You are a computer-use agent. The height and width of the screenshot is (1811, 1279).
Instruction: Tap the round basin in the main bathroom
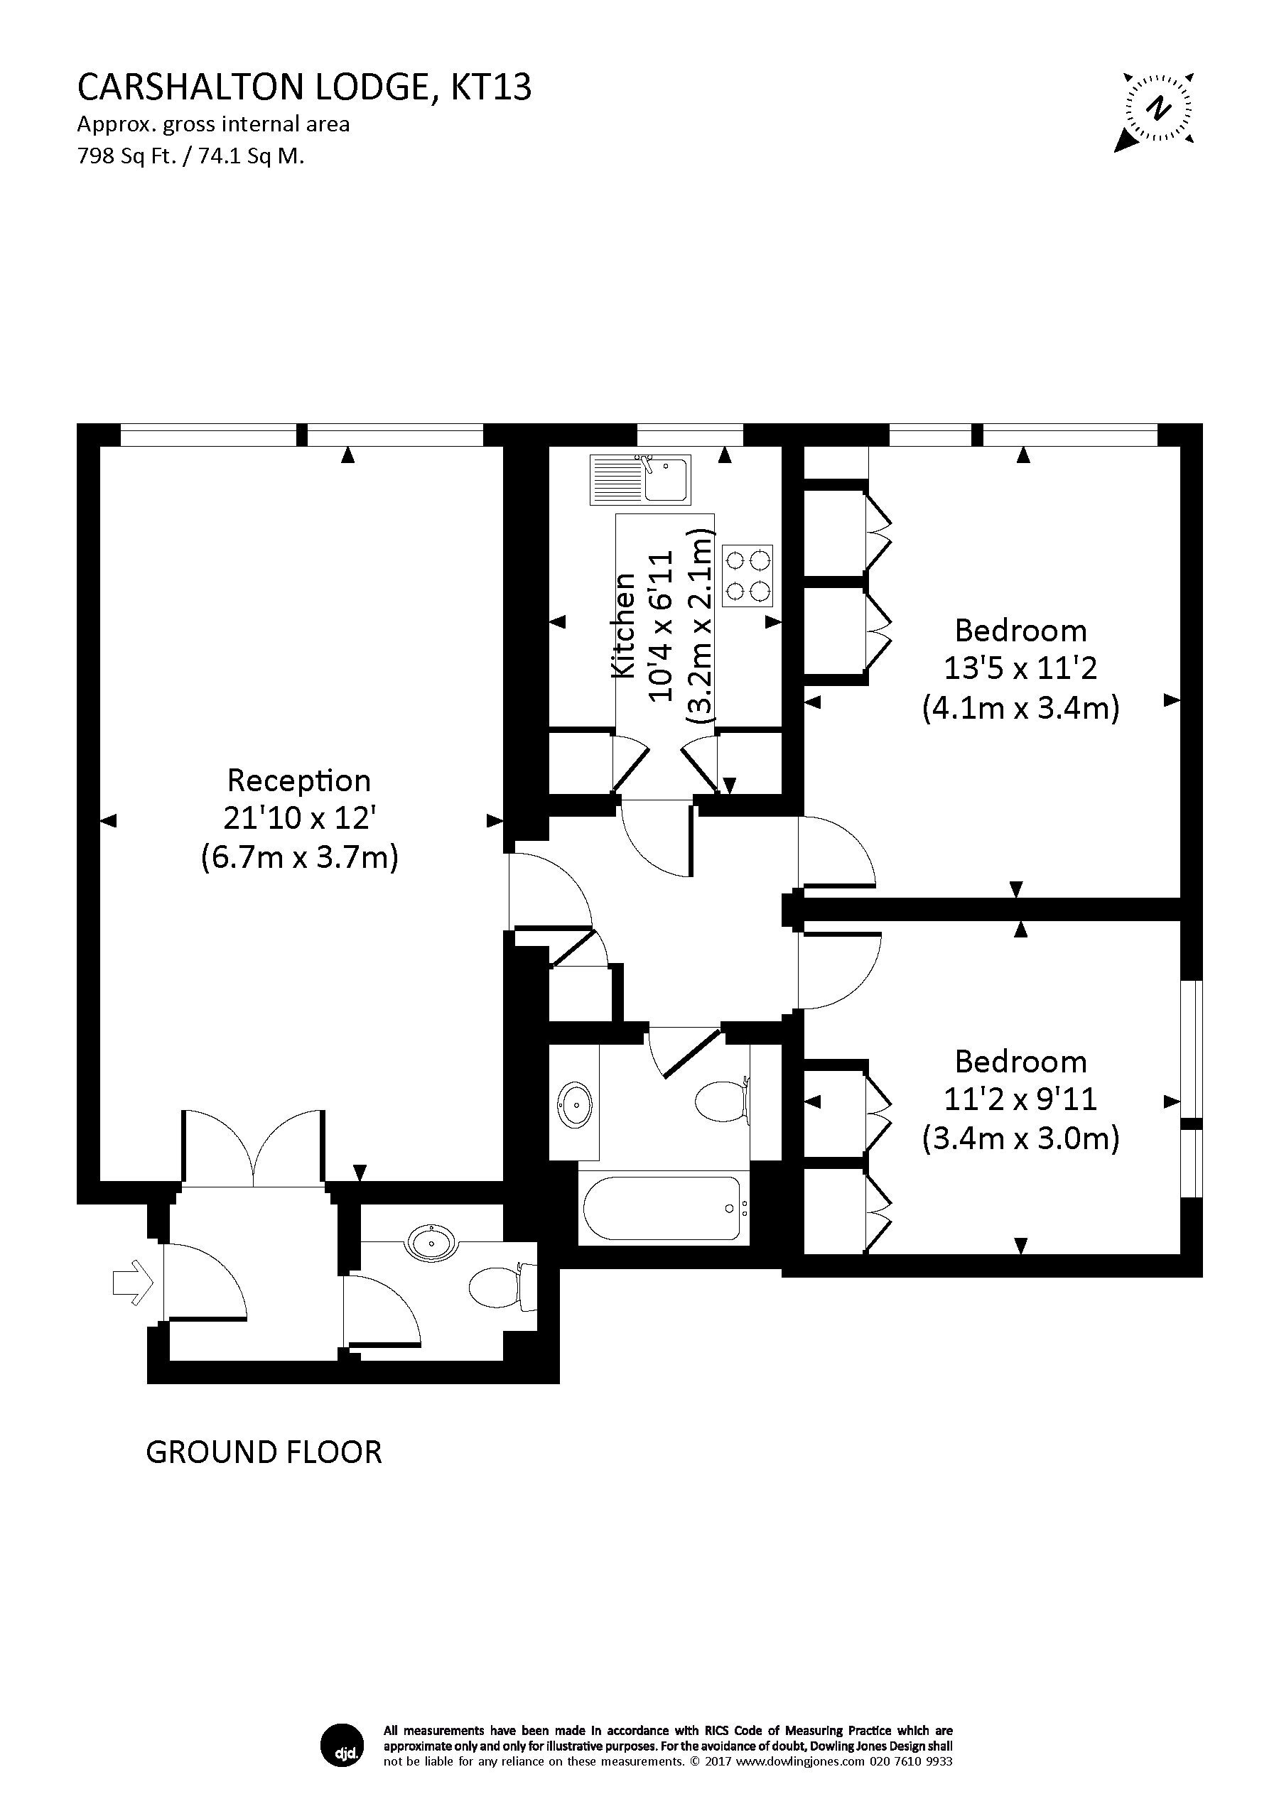point(576,1106)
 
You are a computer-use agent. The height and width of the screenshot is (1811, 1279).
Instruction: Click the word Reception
point(299,781)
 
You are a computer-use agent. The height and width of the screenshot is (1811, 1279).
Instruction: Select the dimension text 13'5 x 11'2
point(1020,669)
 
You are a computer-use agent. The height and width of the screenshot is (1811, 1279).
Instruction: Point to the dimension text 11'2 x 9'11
point(1020,1099)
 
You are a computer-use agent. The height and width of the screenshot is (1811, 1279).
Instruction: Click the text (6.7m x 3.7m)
point(299,856)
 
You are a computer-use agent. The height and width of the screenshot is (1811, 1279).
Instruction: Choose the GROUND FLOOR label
point(264,1452)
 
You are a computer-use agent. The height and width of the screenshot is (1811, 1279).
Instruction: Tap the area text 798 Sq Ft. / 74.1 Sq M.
point(191,156)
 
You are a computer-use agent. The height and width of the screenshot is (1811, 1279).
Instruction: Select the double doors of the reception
point(252,1148)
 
